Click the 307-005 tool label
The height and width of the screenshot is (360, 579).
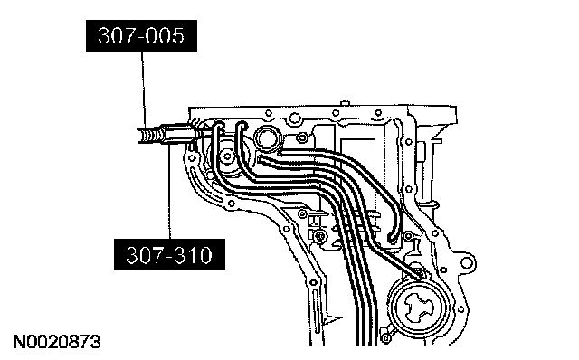pos(141,36)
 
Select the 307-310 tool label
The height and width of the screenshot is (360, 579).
pos(169,255)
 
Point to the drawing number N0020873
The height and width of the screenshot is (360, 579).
pos(57,342)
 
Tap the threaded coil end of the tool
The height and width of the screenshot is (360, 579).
pos(148,135)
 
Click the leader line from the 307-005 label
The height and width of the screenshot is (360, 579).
pos(143,90)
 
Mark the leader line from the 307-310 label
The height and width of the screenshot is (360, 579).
pos(169,192)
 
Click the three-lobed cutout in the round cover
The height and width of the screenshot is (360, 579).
pos(419,306)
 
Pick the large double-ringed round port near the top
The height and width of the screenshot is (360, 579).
pos(269,139)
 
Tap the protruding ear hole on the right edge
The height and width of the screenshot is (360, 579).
pos(467,263)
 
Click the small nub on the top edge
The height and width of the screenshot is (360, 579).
pos(344,102)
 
